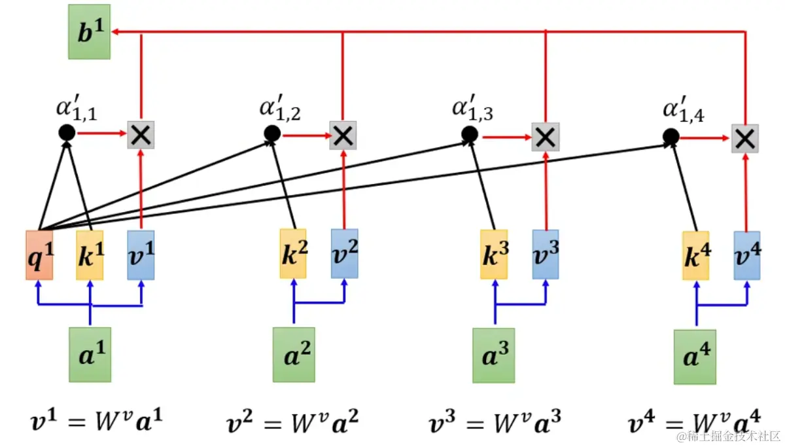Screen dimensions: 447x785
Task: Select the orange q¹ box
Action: coord(39,255)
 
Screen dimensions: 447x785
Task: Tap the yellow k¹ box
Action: coord(90,255)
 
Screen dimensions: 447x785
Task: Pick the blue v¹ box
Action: coord(141,255)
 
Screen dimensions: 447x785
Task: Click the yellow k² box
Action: coord(292,253)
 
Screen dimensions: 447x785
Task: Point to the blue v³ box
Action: coord(545,254)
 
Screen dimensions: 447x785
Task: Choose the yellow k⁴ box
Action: coord(696,255)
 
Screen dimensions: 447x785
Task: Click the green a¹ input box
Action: coord(90,354)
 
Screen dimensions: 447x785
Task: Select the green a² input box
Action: coord(293,354)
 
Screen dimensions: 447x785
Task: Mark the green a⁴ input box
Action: coord(696,357)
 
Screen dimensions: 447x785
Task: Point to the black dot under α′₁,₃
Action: coord(469,135)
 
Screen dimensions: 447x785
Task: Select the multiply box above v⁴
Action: coord(744,137)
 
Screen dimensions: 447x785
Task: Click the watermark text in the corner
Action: coord(727,435)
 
